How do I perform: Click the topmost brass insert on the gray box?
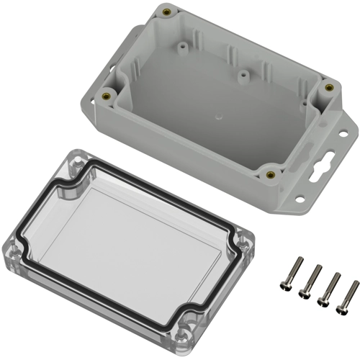pyautogui.click(x=167, y=12)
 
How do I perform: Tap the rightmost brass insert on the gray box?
pyautogui.click(x=329, y=87)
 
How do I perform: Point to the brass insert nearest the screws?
pyautogui.click(x=269, y=173)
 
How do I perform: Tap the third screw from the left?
pyautogui.click(x=328, y=289)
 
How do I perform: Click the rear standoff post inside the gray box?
pyautogui.click(x=184, y=46)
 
